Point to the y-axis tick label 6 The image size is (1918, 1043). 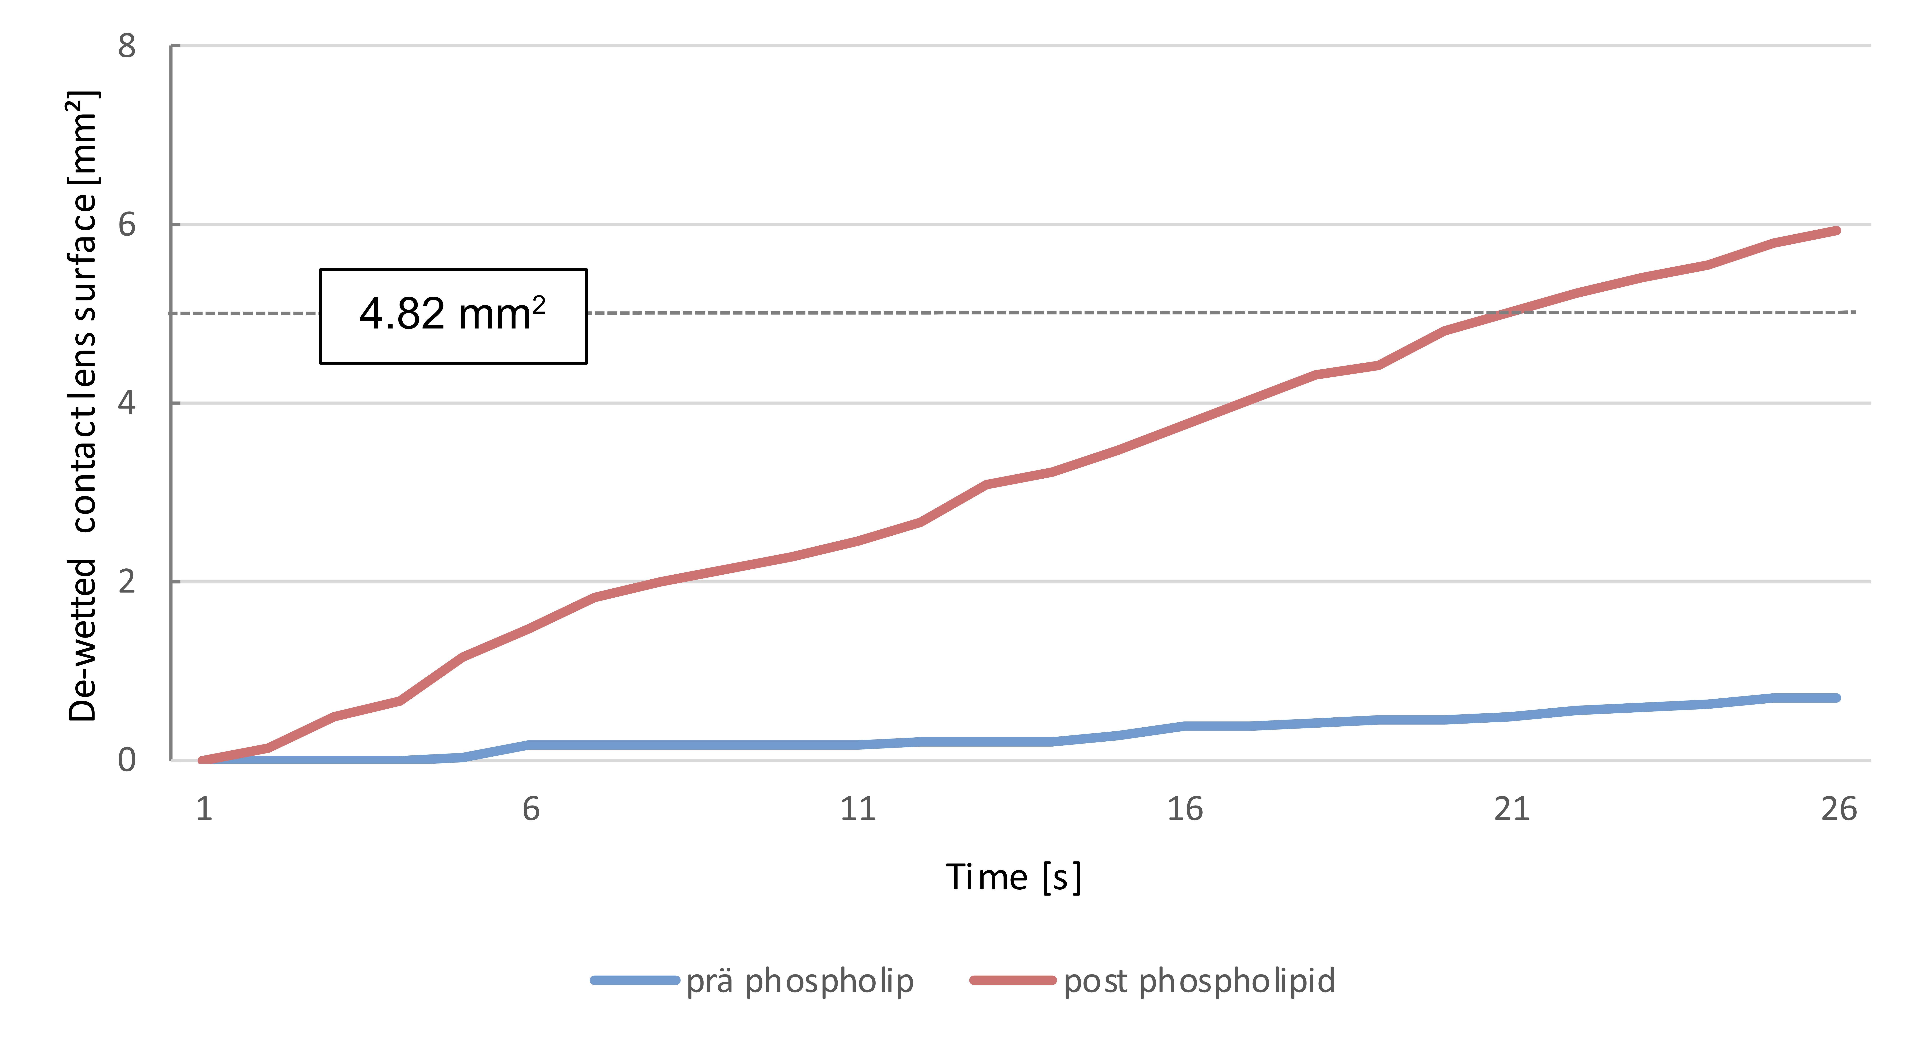click(x=127, y=224)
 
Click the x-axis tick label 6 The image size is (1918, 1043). click(x=531, y=809)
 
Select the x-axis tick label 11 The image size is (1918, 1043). click(x=858, y=809)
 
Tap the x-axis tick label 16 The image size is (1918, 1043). click(x=1185, y=809)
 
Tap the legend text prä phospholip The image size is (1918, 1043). click(x=800, y=981)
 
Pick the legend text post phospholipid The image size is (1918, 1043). click(x=1200, y=981)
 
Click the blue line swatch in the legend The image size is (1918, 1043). click(x=635, y=980)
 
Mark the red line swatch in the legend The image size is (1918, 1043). click(x=1013, y=980)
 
